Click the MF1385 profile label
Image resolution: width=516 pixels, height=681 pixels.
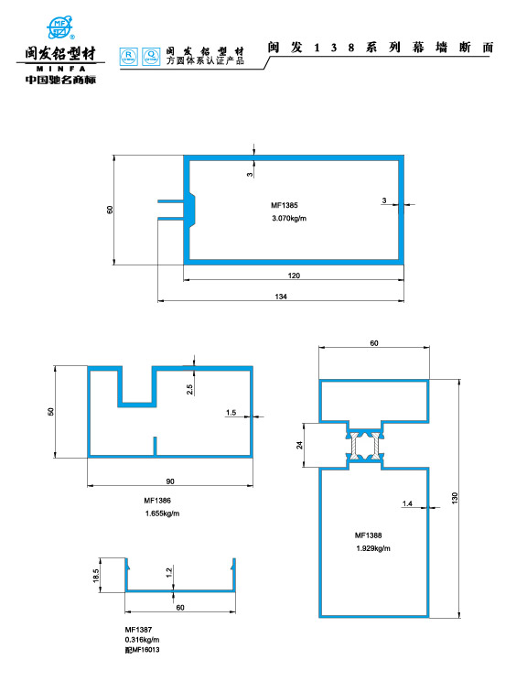pos(285,205)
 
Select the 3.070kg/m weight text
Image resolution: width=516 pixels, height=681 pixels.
pos(289,218)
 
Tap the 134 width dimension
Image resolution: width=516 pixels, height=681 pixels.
pos(281,297)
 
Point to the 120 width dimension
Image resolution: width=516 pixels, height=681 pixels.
pos(294,276)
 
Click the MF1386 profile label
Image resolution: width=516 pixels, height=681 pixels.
pos(157,501)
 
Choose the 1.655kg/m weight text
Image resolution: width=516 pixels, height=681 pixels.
pos(162,513)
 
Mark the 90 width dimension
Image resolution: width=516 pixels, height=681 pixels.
pos(170,481)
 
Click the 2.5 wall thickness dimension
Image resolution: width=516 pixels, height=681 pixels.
pos(189,389)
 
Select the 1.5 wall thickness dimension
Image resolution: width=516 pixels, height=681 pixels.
pos(231,413)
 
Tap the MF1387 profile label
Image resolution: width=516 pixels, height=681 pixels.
pos(138,630)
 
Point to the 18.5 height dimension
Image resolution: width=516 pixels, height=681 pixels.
pos(96,576)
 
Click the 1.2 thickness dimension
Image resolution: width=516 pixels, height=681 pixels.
pos(169,572)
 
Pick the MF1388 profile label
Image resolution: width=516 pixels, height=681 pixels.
pos(368,535)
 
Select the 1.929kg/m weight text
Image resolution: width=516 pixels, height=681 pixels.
pos(373,548)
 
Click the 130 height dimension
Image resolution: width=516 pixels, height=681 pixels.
pos(455,498)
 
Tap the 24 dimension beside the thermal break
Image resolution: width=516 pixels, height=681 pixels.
pos(299,445)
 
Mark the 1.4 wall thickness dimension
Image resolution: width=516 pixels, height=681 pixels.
pos(407,503)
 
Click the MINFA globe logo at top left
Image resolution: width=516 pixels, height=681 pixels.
pos(59,27)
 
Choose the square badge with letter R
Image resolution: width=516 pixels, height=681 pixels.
pos(128,57)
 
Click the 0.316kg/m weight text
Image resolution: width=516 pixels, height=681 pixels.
pos(142,640)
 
